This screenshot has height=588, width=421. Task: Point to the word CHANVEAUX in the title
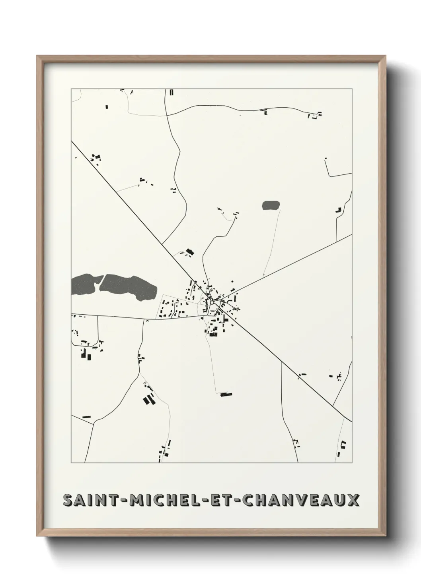point(300,500)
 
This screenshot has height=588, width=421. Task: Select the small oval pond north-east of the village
point(271,205)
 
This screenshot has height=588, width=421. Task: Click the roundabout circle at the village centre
point(212,302)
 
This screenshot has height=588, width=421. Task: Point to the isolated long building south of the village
point(226,395)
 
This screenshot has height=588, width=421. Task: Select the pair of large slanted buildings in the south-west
point(149,399)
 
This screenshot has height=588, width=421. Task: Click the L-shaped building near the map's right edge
point(339,209)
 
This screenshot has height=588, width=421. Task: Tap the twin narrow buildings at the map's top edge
point(172,93)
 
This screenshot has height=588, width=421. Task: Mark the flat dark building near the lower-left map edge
point(86,417)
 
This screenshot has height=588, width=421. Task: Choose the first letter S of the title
point(68,500)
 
